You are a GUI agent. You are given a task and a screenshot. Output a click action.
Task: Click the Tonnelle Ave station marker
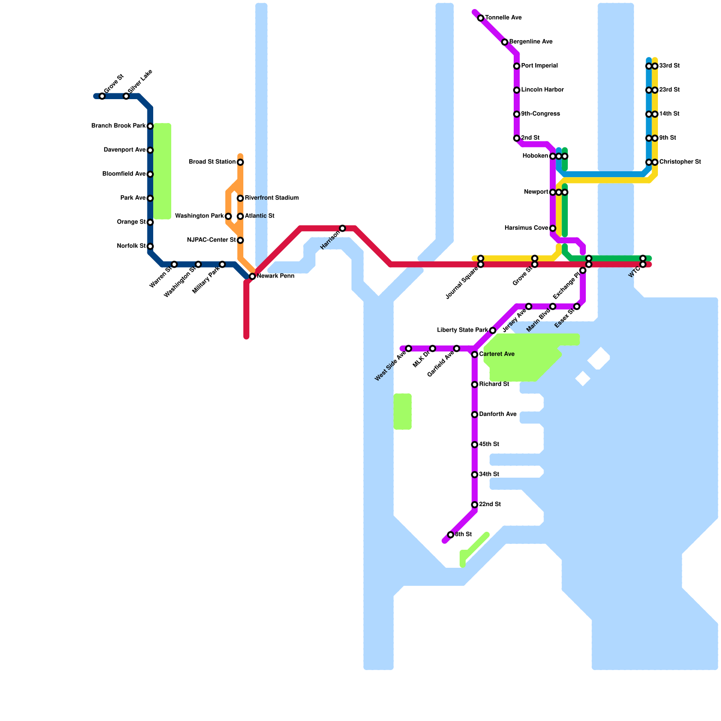click(481, 18)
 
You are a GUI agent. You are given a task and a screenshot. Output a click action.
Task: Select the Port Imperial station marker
click(517, 66)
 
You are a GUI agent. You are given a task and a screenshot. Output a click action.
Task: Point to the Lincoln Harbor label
click(542, 90)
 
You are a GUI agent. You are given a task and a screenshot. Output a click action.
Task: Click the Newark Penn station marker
click(252, 276)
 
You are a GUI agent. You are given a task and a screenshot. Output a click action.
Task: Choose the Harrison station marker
click(342, 228)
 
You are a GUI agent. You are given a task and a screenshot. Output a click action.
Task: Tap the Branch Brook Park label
click(118, 126)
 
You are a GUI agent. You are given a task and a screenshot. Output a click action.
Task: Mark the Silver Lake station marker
click(126, 96)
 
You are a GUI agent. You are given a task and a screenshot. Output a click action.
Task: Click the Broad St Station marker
click(240, 162)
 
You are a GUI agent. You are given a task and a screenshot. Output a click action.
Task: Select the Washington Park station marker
click(228, 216)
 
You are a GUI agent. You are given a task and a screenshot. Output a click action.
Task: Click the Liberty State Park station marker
click(493, 330)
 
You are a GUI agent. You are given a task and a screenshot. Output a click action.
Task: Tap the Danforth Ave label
click(497, 415)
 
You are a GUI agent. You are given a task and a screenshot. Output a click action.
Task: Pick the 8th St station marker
click(451, 535)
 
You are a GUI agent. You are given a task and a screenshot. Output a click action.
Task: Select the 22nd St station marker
click(475, 505)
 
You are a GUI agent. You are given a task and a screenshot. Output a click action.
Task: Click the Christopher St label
click(680, 162)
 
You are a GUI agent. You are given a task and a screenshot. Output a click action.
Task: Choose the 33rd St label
click(669, 66)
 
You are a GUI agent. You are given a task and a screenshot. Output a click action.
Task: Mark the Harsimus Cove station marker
click(553, 228)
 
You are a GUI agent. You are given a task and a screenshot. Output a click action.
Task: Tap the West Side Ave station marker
click(409, 348)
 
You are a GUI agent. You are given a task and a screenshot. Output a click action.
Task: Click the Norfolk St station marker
click(150, 246)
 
